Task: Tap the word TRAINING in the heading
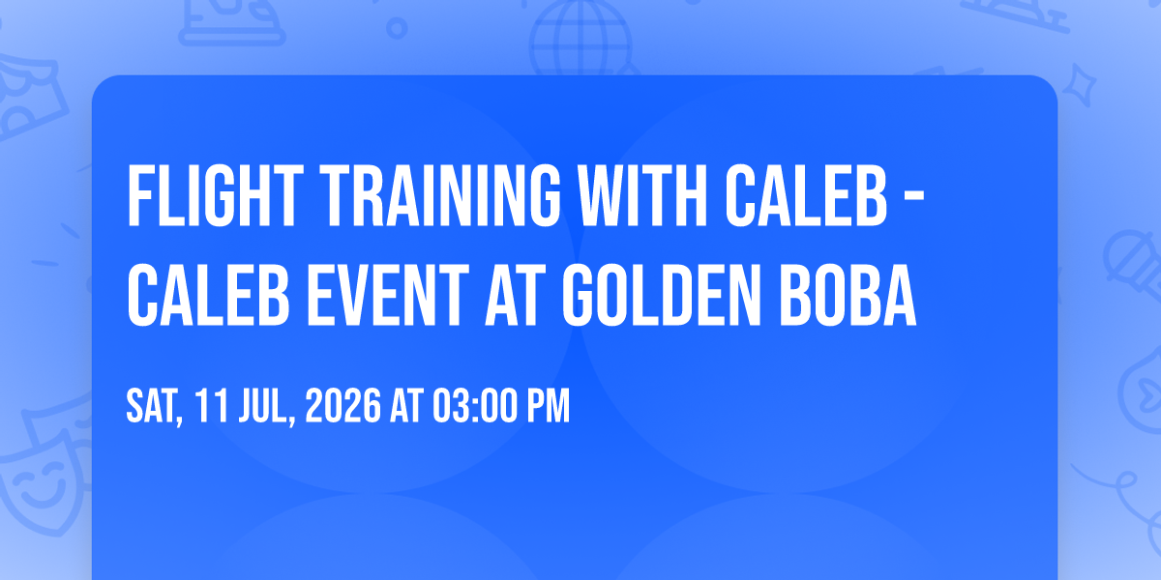coord(440,195)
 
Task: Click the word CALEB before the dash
coord(806,195)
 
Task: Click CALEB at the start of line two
coord(208,295)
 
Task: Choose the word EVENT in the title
coord(388,295)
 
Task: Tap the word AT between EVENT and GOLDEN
coord(515,295)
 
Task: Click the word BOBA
coord(848,295)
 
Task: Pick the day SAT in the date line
coord(155,407)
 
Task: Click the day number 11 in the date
coord(212,406)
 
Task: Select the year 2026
coord(343,406)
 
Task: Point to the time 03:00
coord(475,406)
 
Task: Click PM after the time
coord(549,406)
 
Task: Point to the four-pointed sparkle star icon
coord(1079,85)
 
